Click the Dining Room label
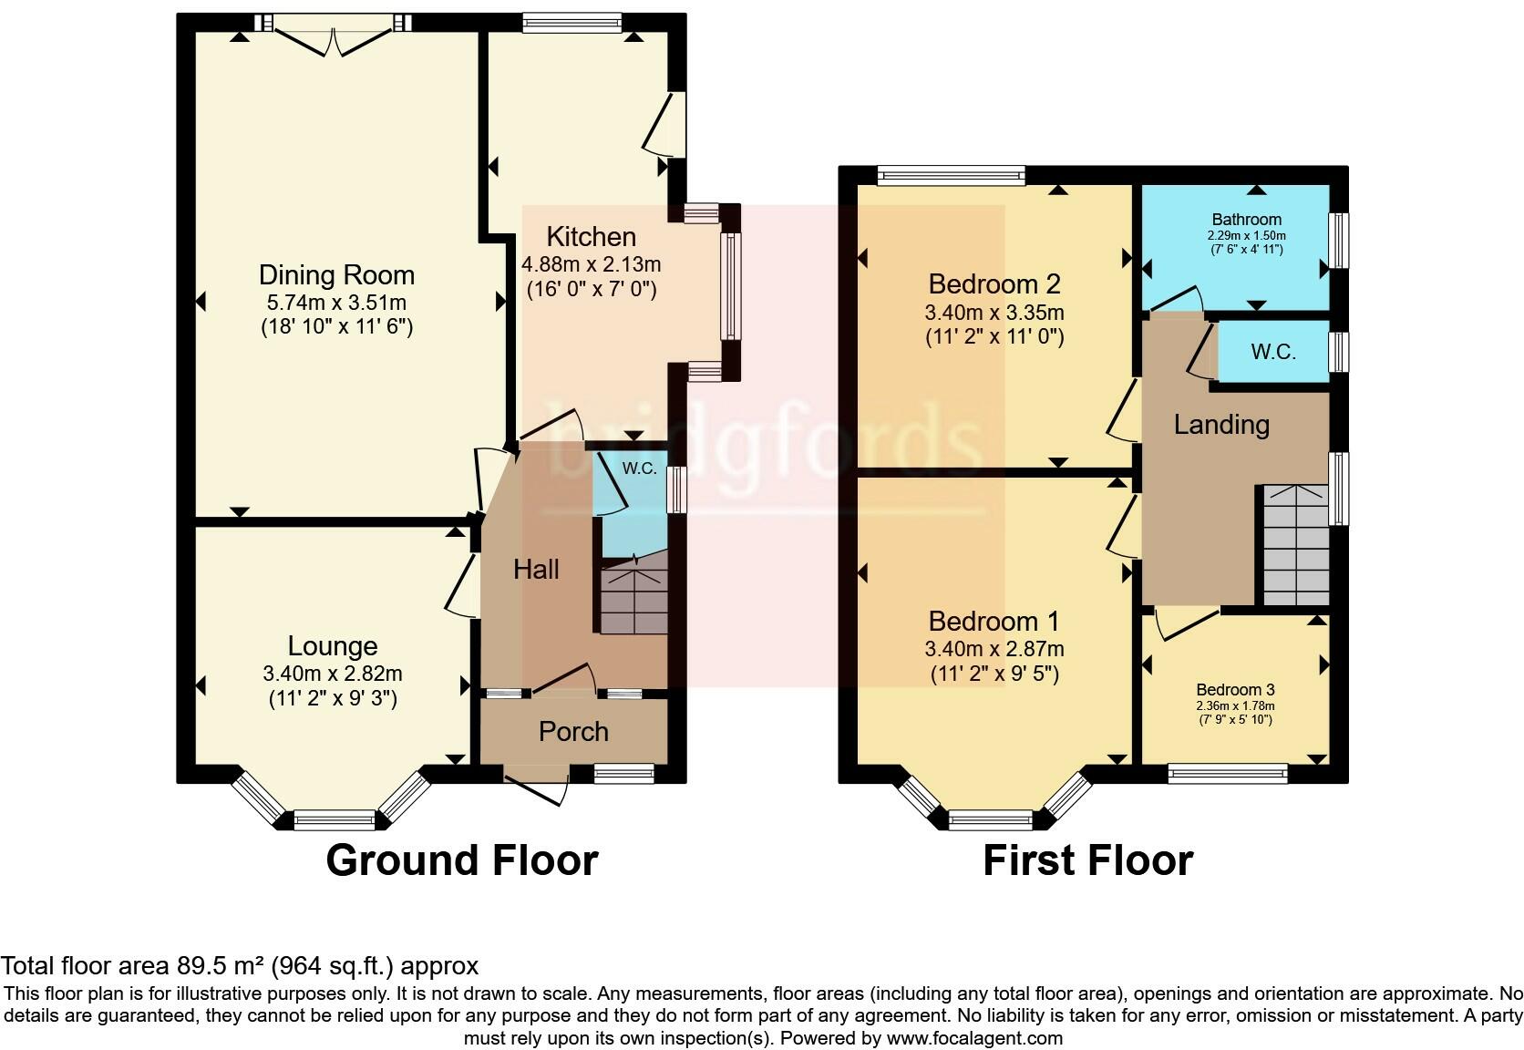pyautogui.click(x=336, y=275)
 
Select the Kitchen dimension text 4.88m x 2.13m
pyautogui.click(x=591, y=265)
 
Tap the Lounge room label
pyautogui.click(x=332, y=646)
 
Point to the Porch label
pyautogui.click(x=573, y=732)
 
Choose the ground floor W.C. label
pyautogui.click(x=640, y=468)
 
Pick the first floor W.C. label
pyautogui.click(x=1273, y=352)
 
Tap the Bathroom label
pyautogui.click(x=1246, y=220)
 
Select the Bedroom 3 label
pyautogui.click(x=1235, y=690)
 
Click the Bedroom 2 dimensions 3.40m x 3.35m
pyautogui.click(x=994, y=313)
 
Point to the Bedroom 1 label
pyautogui.click(x=994, y=622)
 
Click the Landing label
pyautogui.click(x=1221, y=425)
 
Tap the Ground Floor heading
pyautogui.click(x=461, y=860)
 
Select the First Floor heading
pyautogui.click(x=1087, y=860)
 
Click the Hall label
pyautogui.click(x=536, y=570)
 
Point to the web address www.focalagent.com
pyautogui.click(x=973, y=1037)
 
